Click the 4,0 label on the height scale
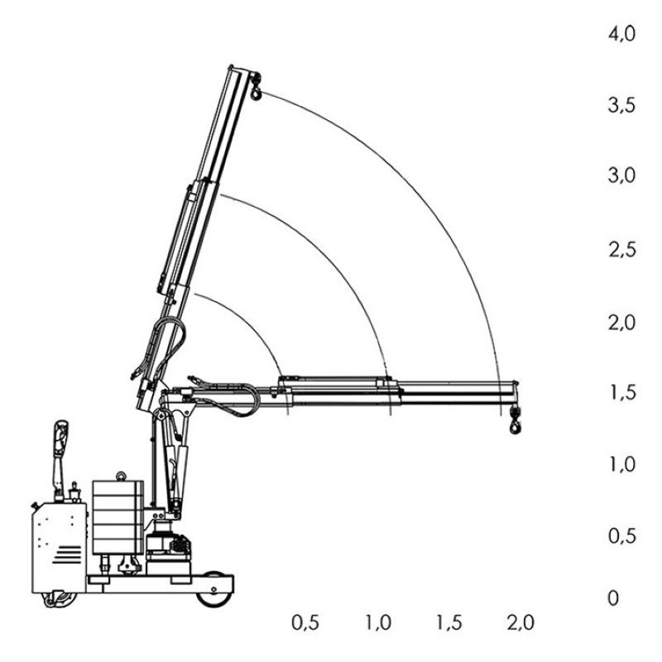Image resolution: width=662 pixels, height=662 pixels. click(621, 33)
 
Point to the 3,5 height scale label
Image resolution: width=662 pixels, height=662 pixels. click(621, 105)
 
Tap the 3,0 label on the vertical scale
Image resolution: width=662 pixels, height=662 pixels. click(621, 175)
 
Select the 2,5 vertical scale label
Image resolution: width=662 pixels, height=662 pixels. click(621, 250)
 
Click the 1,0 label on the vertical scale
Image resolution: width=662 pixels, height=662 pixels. click(622, 464)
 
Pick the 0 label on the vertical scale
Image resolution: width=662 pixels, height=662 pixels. click(613, 598)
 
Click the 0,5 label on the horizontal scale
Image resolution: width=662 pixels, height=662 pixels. click(305, 623)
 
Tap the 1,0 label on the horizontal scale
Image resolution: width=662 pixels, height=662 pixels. click(378, 623)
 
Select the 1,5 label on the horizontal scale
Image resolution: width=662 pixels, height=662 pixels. click(449, 623)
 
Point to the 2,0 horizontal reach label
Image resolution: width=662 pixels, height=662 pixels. click(520, 623)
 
